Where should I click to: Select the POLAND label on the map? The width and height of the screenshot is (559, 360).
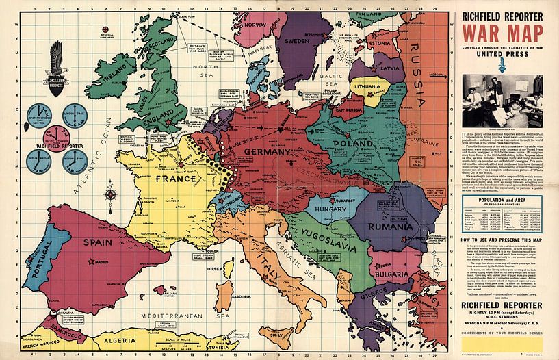(352, 144)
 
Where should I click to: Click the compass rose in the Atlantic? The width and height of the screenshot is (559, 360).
(111, 194)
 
